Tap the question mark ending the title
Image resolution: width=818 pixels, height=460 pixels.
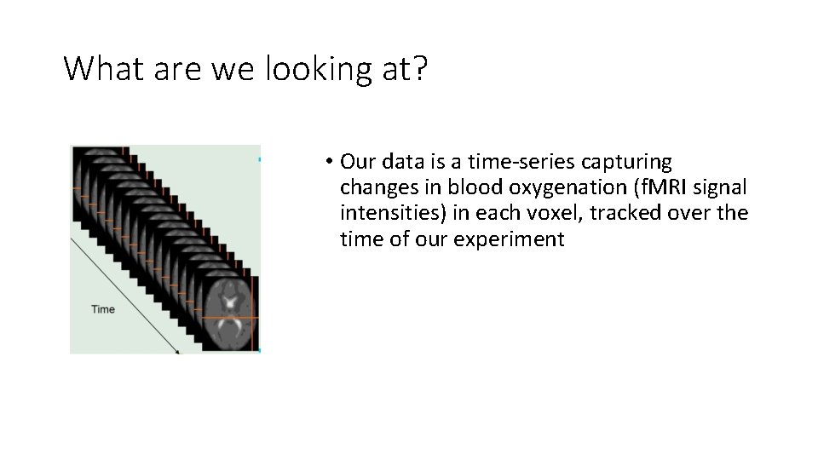tap(418, 68)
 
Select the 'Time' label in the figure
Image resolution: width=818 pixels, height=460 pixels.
tap(103, 309)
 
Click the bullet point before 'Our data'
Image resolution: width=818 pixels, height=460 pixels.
tap(328, 162)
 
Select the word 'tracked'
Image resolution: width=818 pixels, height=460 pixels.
tap(617, 213)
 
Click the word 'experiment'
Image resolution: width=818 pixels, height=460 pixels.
tap(509, 239)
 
